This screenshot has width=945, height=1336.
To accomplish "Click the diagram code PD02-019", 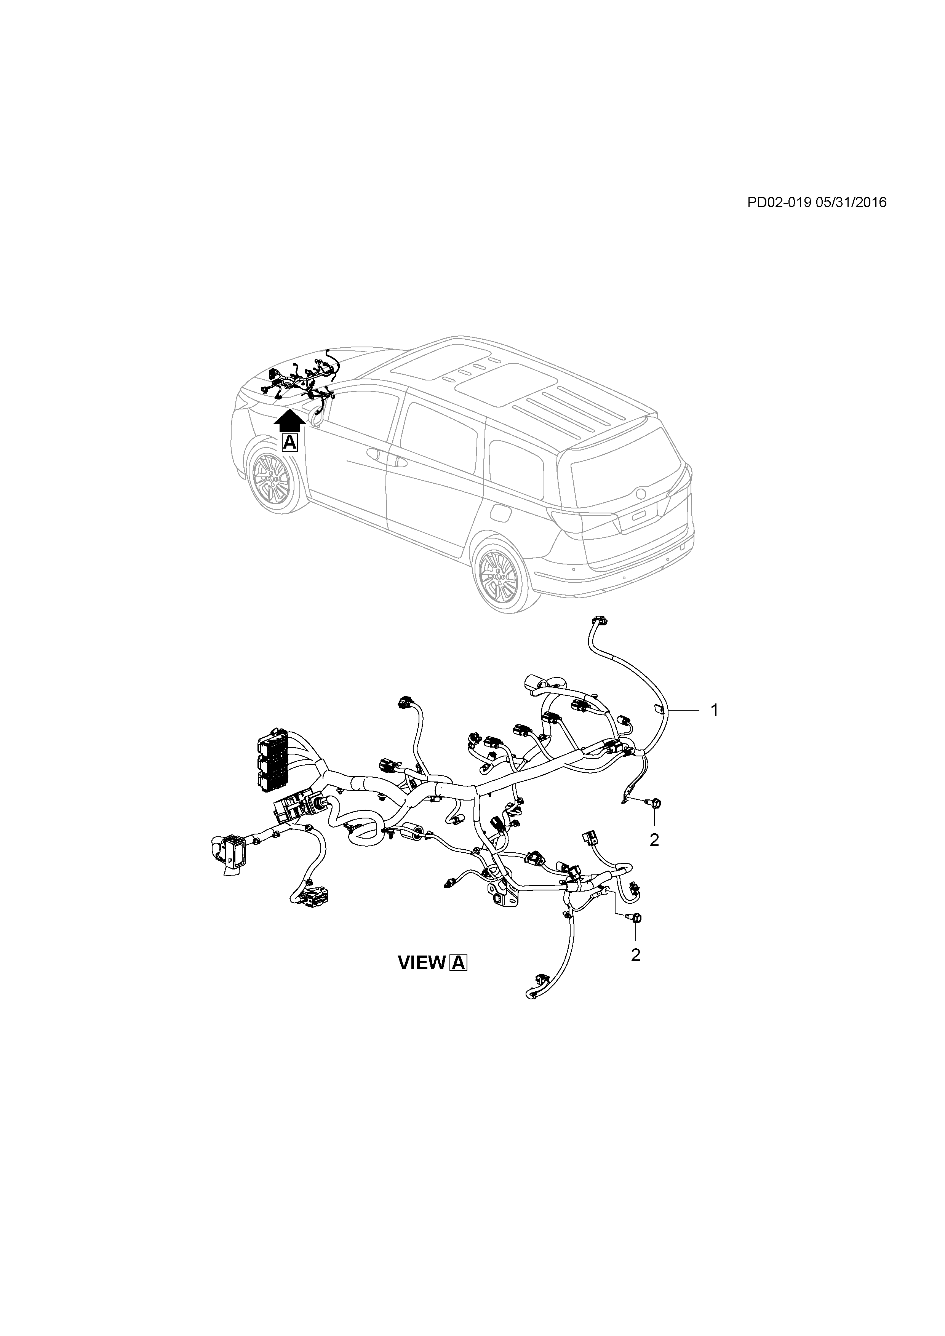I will (x=779, y=203).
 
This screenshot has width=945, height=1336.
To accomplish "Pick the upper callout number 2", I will (x=654, y=840).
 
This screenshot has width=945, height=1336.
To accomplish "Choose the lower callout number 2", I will (x=635, y=955).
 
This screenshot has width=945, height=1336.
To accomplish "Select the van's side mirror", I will (x=318, y=416).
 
